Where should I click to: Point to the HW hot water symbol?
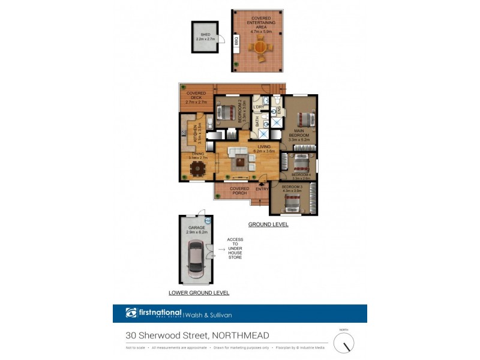pyautogui.click(x=208, y=221)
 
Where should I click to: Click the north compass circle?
pyautogui.click(x=344, y=343)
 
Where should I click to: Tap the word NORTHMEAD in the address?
pyautogui.click(x=239, y=335)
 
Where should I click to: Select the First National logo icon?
pyautogui.click(x=131, y=313)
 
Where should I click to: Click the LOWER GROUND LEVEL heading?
pyautogui.click(x=199, y=293)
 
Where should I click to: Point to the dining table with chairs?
pyautogui.click(x=196, y=169)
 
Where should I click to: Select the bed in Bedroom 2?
pyautogui.click(x=227, y=112)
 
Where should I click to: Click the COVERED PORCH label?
pyautogui.click(x=239, y=191)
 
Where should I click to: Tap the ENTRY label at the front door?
pyautogui.click(x=262, y=190)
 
